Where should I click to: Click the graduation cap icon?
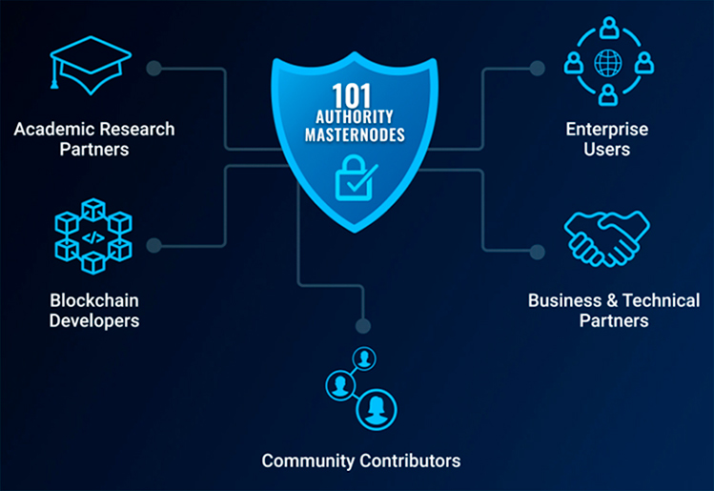91,64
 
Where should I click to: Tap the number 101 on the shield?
352,95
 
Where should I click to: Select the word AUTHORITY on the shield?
355,117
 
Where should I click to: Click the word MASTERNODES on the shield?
355,134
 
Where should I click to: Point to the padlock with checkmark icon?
355,178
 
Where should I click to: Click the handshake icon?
606,238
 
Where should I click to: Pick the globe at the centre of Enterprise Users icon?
608,63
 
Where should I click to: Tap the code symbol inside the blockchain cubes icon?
93,237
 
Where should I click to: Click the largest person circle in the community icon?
377,409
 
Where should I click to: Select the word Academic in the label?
50,130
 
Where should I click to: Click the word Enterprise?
607,130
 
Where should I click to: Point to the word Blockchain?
94,300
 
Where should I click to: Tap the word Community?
308,460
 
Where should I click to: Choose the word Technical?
662,300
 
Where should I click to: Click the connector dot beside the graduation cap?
153,69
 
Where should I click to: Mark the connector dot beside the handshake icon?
538,252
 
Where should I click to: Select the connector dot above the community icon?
363,326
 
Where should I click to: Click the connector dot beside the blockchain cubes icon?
153,245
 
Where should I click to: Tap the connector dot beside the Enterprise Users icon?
538,69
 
